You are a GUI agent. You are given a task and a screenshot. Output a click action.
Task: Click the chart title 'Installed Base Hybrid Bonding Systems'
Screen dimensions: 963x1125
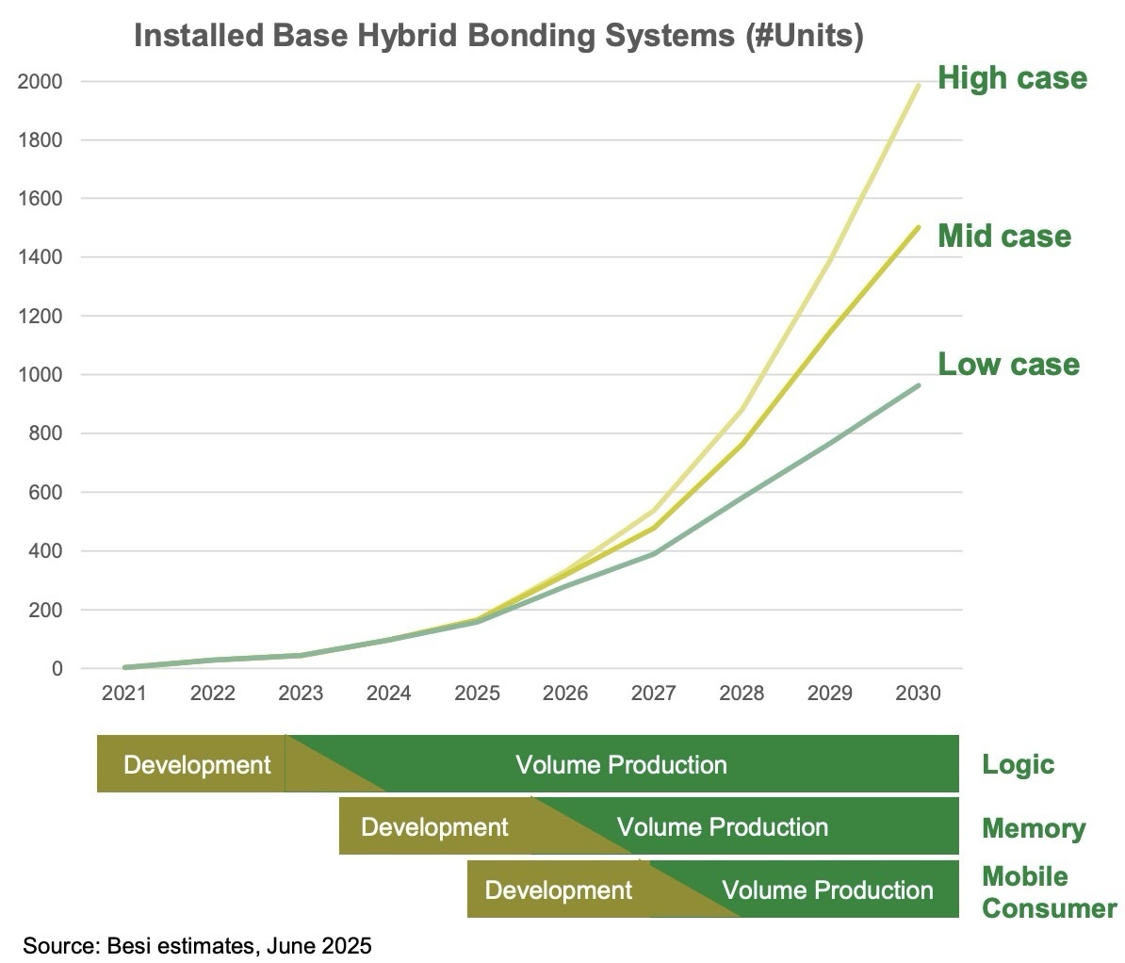tap(497, 37)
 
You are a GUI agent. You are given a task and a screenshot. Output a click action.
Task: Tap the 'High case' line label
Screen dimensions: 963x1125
tap(1012, 77)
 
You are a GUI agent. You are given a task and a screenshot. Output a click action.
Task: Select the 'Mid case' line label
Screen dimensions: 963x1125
tap(1003, 236)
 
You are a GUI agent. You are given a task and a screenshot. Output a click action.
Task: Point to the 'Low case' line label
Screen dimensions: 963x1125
tap(1008, 364)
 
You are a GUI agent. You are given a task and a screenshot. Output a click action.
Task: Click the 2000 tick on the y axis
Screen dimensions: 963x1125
tap(41, 82)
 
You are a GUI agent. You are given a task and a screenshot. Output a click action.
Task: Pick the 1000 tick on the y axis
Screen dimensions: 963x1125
tap(41, 375)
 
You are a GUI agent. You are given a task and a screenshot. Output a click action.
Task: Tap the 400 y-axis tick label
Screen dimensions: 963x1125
tap(44, 551)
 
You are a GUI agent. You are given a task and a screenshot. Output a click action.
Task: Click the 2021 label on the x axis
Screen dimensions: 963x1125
tap(124, 694)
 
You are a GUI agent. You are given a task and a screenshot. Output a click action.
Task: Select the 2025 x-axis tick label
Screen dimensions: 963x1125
tap(477, 694)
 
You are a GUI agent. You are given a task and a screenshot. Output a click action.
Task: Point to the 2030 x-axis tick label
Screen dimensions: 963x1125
tap(918, 694)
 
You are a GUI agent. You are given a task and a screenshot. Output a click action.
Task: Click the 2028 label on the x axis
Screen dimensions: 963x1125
tap(742, 694)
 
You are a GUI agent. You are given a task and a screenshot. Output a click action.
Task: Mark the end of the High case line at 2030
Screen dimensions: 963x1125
tap(919, 86)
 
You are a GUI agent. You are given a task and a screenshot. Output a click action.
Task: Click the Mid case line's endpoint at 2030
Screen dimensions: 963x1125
tap(919, 227)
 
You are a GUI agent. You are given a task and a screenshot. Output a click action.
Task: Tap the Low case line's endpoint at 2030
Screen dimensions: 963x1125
tap(919, 385)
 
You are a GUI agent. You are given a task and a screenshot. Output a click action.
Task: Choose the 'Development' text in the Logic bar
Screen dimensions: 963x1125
tap(197, 764)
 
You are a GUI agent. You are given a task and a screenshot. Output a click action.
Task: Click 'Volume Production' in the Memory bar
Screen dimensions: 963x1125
tap(722, 827)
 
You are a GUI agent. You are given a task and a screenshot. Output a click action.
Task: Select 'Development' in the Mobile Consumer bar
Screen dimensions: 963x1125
tap(558, 890)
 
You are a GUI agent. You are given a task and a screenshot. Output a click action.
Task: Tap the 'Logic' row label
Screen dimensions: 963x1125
tap(1018, 764)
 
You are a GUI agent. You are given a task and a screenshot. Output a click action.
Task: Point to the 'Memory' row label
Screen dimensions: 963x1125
tap(1033, 828)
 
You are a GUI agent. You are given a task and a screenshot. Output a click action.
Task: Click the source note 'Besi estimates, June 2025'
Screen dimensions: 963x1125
tap(197, 945)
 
